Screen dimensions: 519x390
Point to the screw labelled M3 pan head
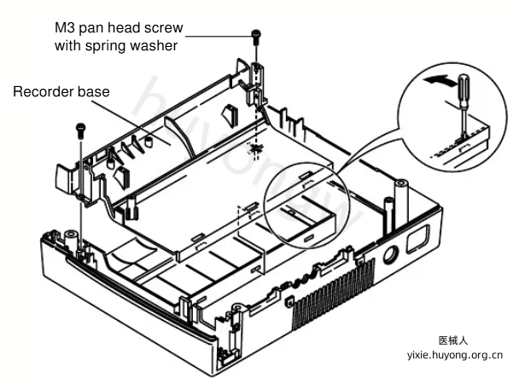[x=256, y=37]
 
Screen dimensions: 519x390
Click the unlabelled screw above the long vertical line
[x=81, y=131]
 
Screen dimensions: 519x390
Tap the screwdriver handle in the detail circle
[x=463, y=90]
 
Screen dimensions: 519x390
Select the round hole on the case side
[x=391, y=254]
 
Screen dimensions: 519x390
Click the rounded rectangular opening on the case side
[x=417, y=240]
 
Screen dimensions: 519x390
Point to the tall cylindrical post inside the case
[x=401, y=206]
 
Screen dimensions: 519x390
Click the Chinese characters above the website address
[x=453, y=341]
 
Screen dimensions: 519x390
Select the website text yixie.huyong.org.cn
[x=455, y=355]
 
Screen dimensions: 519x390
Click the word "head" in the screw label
[x=123, y=28]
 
